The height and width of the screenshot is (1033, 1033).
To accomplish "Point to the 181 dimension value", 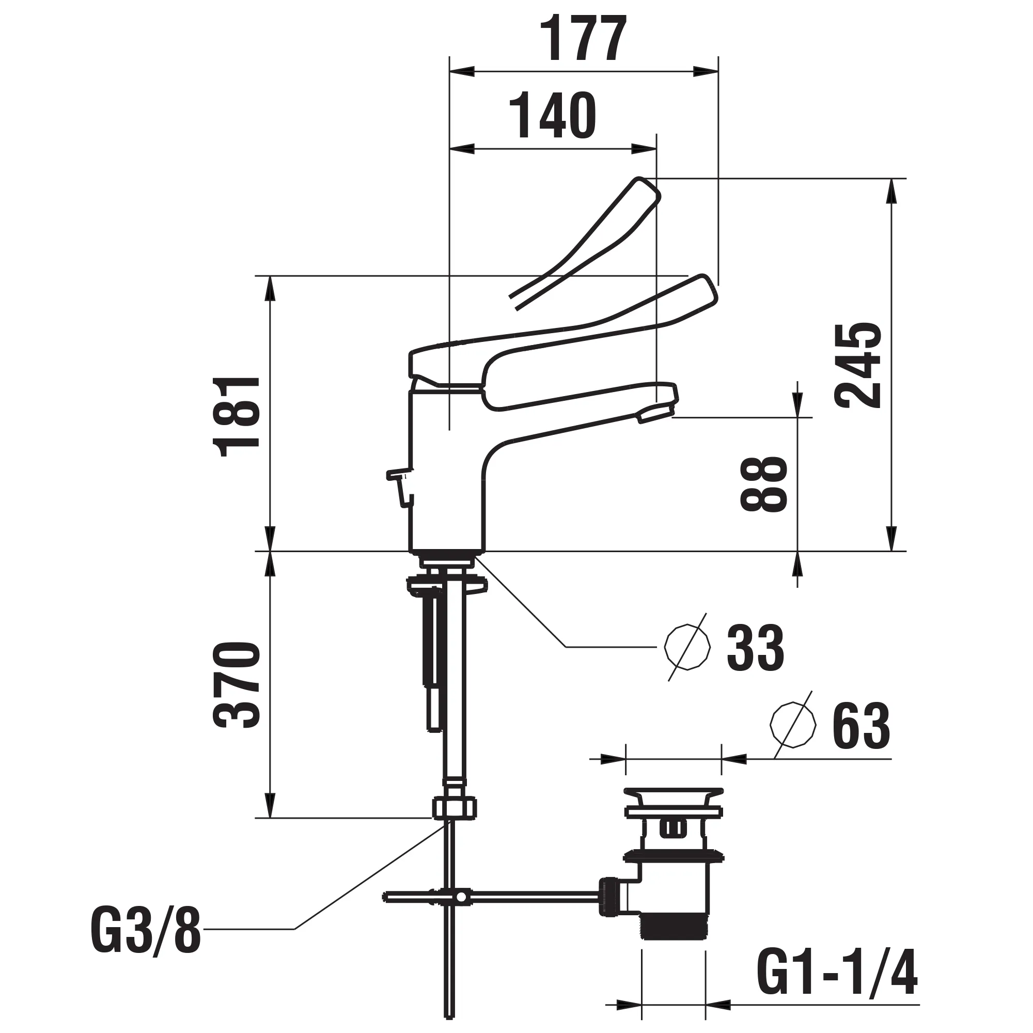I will (x=237, y=416).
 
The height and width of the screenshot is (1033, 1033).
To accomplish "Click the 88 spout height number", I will (x=763, y=484).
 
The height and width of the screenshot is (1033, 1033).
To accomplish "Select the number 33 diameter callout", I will (x=755, y=648).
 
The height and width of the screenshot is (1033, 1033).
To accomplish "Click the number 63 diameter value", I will (x=861, y=726).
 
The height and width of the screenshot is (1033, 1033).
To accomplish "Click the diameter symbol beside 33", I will (x=687, y=647).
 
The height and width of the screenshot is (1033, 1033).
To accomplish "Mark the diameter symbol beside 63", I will (x=792, y=726).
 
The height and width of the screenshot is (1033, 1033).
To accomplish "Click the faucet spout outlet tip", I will (x=655, y=413).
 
